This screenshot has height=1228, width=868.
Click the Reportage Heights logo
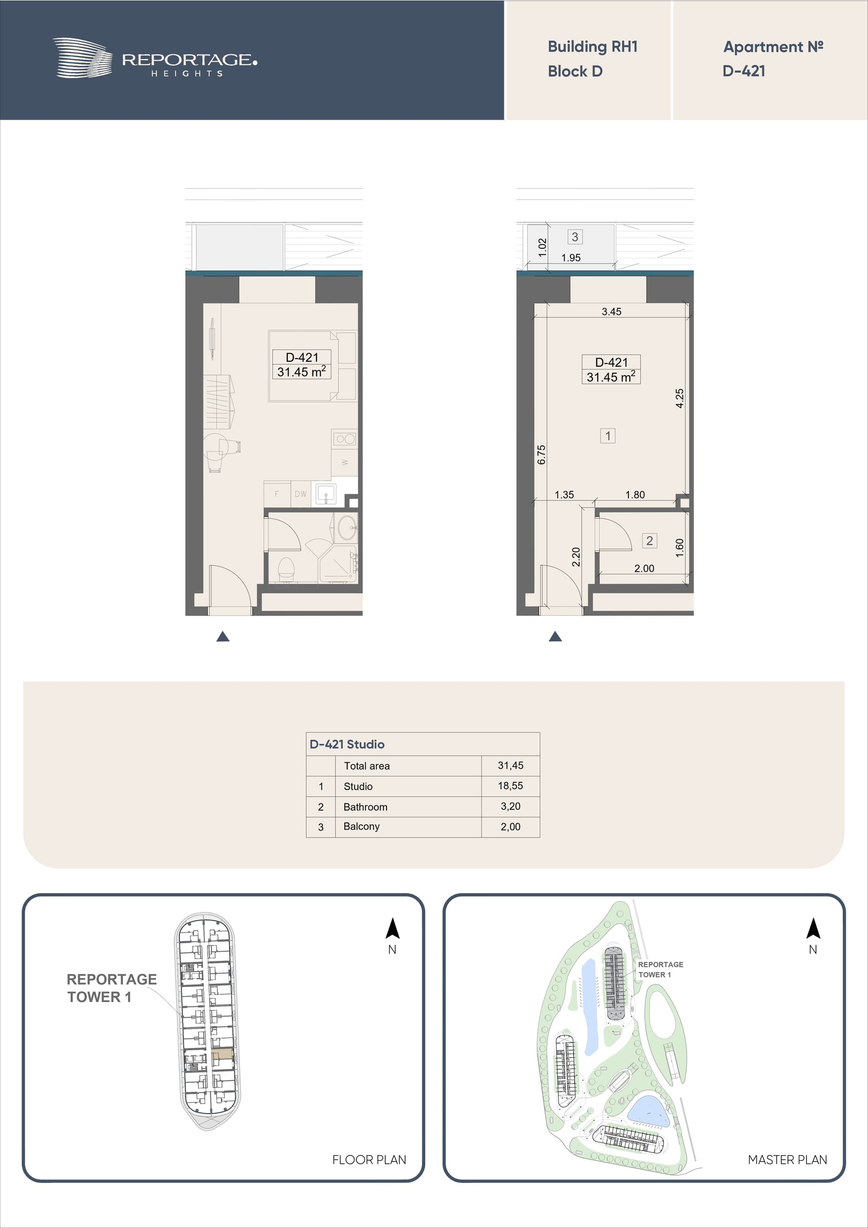pyautogui.click(x=155, y=58)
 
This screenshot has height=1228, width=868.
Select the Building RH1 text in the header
pyautogui.click(x=593, y=47)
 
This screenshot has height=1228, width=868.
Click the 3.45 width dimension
pyautogui.click(x=611, y=311)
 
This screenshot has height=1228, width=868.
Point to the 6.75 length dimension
pyautogui.click(x=541, y=454)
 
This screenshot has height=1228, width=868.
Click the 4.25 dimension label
pyautogui.click(x=679, y=398)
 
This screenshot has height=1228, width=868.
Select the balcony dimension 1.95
pyautogui.click(x=571, y=258)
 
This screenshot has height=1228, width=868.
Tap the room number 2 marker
pyautogui.click(x=649, y=541)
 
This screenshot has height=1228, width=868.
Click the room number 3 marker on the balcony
pyautogui.click(x=575, y=236)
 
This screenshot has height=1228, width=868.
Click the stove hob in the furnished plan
pyautogui.click(x=345, y=439)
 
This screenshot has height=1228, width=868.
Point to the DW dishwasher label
pyautogui.click(x=301, y=494)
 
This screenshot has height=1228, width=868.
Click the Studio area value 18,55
pyautogui.click(x=510, y=786)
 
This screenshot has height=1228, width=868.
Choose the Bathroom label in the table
pyautogui.click(x=365, y=807)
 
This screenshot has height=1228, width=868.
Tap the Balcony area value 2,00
pyautogui.click(x=510, y=827)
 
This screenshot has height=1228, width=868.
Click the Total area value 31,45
pyautogui.click(x=510, y=765)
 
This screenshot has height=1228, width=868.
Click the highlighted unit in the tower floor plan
pyautogui.click(x=222, y=1054)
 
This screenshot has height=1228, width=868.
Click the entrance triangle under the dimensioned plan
pyautogui.click(x=555, y=636)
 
